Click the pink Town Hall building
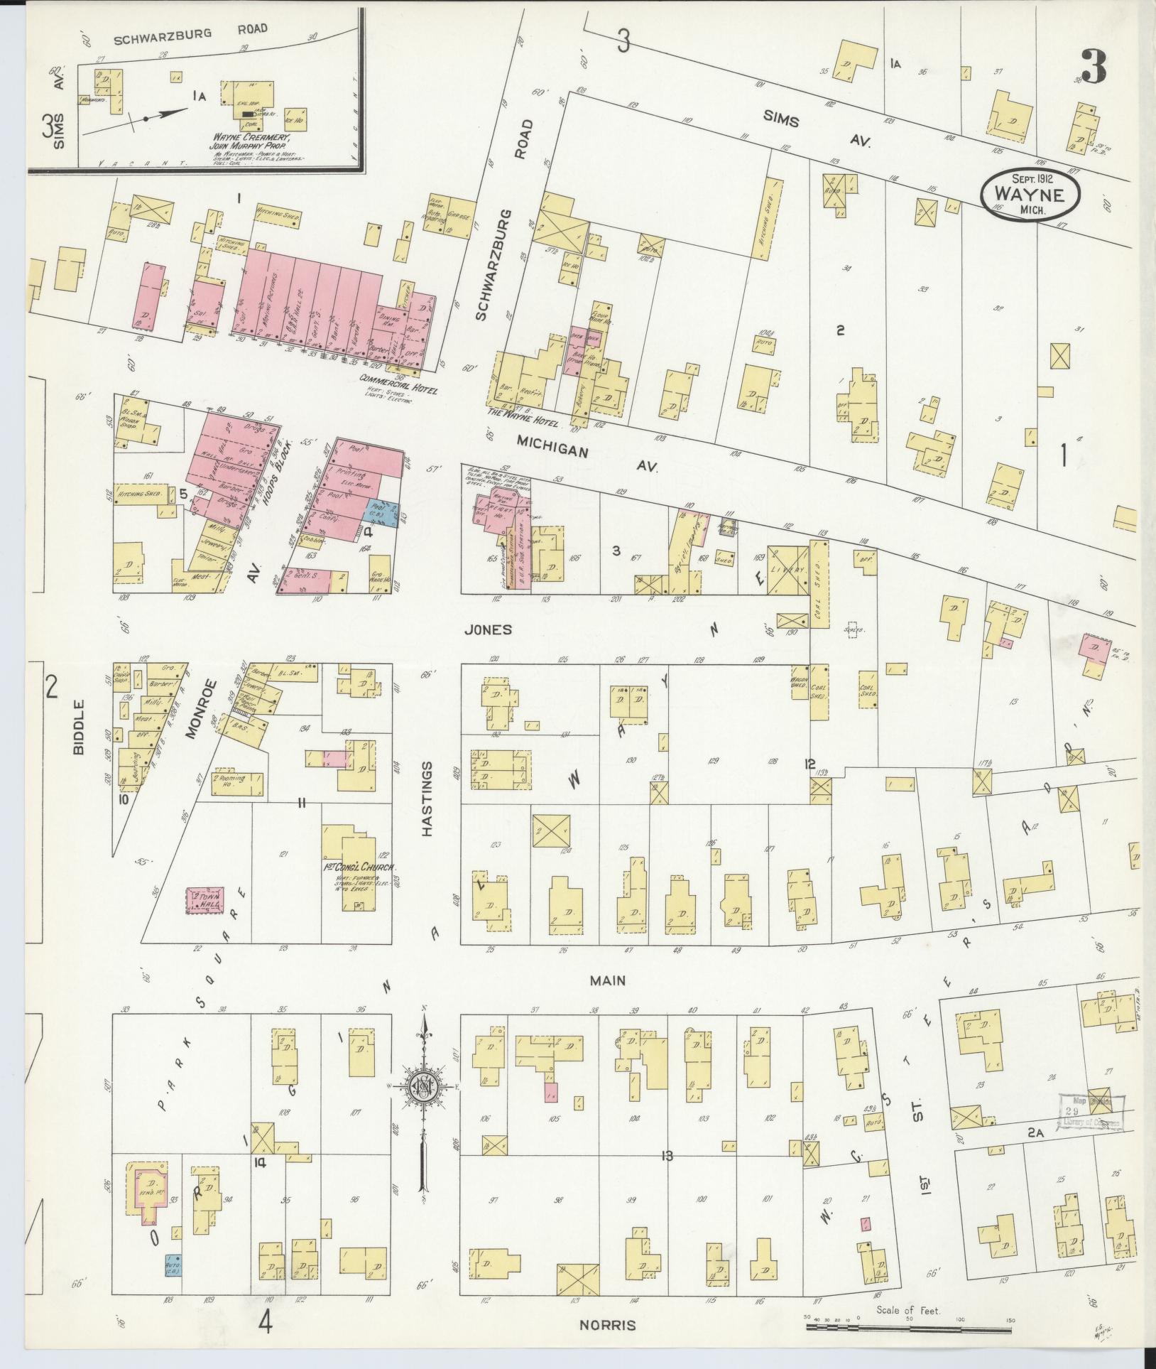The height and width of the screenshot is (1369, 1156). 205,902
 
